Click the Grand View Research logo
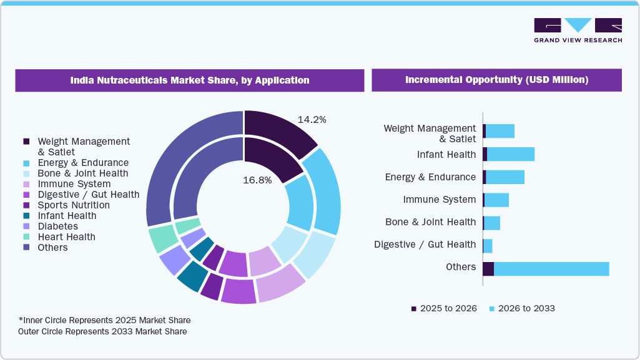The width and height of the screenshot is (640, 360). click(578, 30)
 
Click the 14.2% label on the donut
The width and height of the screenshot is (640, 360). click(312, 119)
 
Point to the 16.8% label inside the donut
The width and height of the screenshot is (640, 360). click(257, 180)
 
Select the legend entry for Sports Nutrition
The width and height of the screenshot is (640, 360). click(73, 205)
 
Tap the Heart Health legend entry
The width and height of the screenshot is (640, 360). click(66, 237)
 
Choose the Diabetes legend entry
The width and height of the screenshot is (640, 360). click(57, 226)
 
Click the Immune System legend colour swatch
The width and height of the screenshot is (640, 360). click(26, 184)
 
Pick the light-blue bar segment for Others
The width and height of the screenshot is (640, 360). click(551, 268)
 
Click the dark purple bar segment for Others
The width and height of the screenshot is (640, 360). click(488, 268)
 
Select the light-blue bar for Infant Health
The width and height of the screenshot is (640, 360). click(510, 154)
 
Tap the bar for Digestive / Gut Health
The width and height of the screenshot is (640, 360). click(488, 246)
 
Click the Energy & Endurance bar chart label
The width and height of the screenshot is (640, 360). click(430, 177)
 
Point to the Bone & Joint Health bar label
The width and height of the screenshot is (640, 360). click(430, 222)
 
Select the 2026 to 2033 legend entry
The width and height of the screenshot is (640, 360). click(522, 308)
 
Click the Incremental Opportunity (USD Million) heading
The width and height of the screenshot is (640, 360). click(496, 80)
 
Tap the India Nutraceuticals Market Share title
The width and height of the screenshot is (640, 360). click(189, 80)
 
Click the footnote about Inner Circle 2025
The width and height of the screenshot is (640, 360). click(104, 320)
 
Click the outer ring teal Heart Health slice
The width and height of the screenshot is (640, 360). click(162, 240)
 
